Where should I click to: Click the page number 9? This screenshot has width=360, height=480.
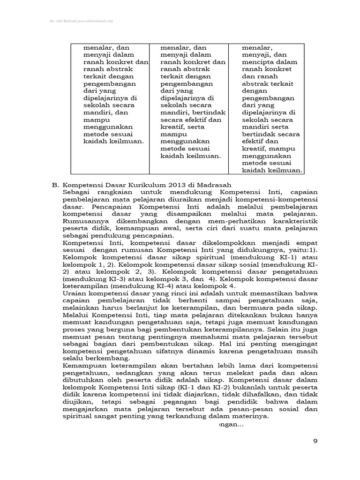click(315, 441)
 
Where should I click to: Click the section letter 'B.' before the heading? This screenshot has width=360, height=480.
click(55, 184)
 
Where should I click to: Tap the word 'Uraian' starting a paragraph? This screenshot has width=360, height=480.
click(74, 293)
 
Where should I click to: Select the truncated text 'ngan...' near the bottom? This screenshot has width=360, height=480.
click(230, 425)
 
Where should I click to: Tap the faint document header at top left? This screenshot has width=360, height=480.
click(82, 21)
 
